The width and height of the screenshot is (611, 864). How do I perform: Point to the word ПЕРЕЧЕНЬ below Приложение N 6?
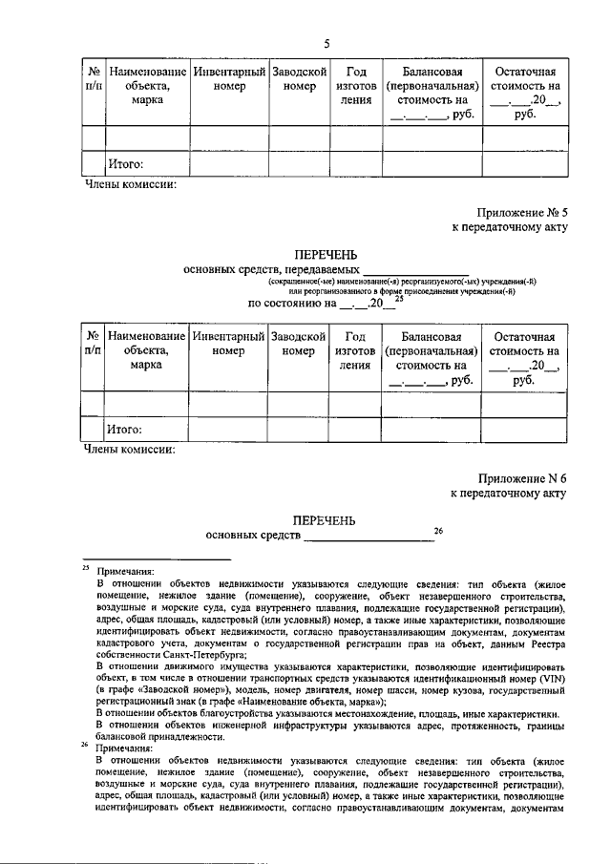tap(326, 520)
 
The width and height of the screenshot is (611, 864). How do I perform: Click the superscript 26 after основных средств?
tap(438, 531)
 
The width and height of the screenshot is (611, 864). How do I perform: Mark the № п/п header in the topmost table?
tap(93, 79)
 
